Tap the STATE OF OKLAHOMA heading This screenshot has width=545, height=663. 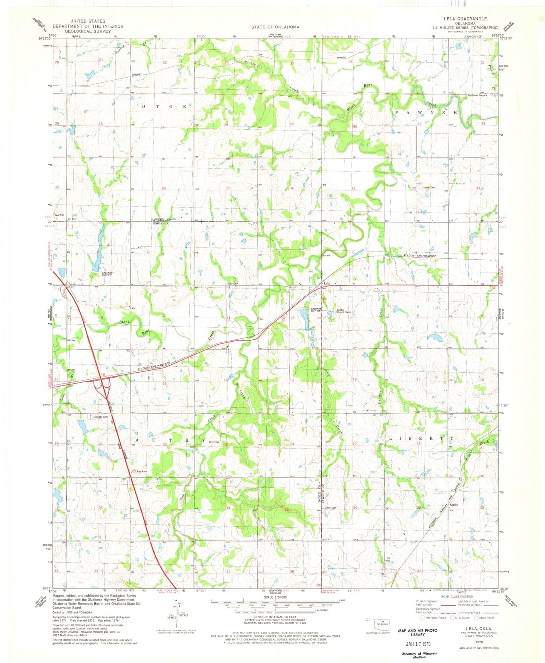(x=275, y=27)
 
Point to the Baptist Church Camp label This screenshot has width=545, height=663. (x=344, y=312)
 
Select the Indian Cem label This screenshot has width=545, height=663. (x=429, y=187)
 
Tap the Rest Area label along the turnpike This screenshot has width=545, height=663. (x=141, y=471)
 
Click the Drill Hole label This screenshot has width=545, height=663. (x=215, y=442)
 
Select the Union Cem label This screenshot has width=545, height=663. (x=330, y=508)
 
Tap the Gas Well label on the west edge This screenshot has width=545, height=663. (x=59, y=215)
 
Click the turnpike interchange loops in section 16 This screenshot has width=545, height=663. (x=103, y=385)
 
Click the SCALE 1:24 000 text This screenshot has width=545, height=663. (x=275, y=597)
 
